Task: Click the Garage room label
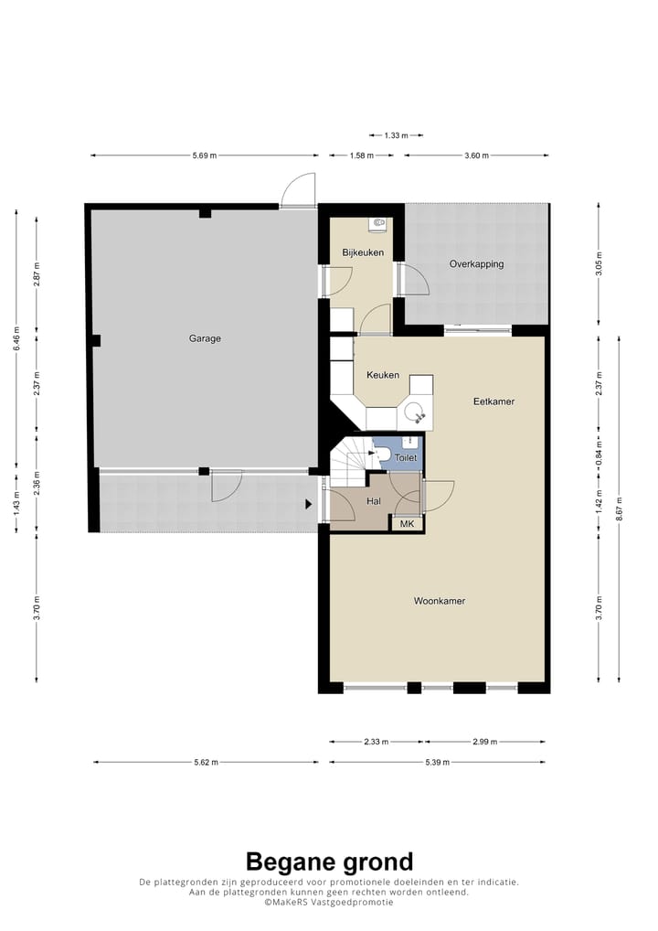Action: point(205,338)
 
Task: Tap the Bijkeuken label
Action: point(363,252)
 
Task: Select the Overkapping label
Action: point(476,264)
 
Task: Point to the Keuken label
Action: point(383,375)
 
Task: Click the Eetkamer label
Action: point(493,401)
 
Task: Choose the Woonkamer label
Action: point(440,601)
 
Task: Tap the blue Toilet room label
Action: point(406,458)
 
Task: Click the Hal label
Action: point(373,502)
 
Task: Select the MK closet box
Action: point(407,524)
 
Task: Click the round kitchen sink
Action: point(414,411)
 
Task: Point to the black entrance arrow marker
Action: point(309,504)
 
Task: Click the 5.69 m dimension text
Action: point(204,155)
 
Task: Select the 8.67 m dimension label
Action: point(619,508)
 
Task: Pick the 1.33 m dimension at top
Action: point(396,135)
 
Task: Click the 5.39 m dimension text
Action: point(437,763)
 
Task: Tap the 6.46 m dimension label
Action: point(16,338)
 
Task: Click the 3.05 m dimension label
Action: point(599,264)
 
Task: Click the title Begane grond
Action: point(329,861)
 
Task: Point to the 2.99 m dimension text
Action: point(484,742)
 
